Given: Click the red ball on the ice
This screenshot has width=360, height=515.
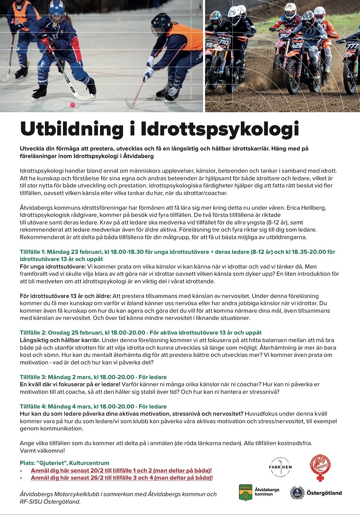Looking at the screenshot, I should click(72, 105).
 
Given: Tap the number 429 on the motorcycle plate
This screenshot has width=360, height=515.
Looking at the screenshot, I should click(297, 46).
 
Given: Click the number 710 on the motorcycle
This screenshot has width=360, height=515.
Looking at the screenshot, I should click(224, 42).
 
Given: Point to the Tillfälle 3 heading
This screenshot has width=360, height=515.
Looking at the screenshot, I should click(93, 377).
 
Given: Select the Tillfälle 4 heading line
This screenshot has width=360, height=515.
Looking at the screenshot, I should click(93, 406).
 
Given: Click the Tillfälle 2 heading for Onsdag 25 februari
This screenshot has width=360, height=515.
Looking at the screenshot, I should click(140, 333).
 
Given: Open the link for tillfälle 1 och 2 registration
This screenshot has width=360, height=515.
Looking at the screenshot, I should click(121, 470).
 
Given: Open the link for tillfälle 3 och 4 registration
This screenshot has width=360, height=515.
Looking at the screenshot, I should click(122, 478).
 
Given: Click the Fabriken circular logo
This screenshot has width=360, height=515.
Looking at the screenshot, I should click(280, 467).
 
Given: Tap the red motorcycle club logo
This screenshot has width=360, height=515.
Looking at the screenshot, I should click(320, 467).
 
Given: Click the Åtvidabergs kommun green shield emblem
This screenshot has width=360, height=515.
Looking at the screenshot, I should click(246, 492).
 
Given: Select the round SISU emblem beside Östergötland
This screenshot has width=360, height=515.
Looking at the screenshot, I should click(297, 493).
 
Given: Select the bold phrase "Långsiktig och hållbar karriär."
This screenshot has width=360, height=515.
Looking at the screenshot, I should click(60, 340).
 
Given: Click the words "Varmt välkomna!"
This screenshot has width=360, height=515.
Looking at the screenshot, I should click(42, 451).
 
